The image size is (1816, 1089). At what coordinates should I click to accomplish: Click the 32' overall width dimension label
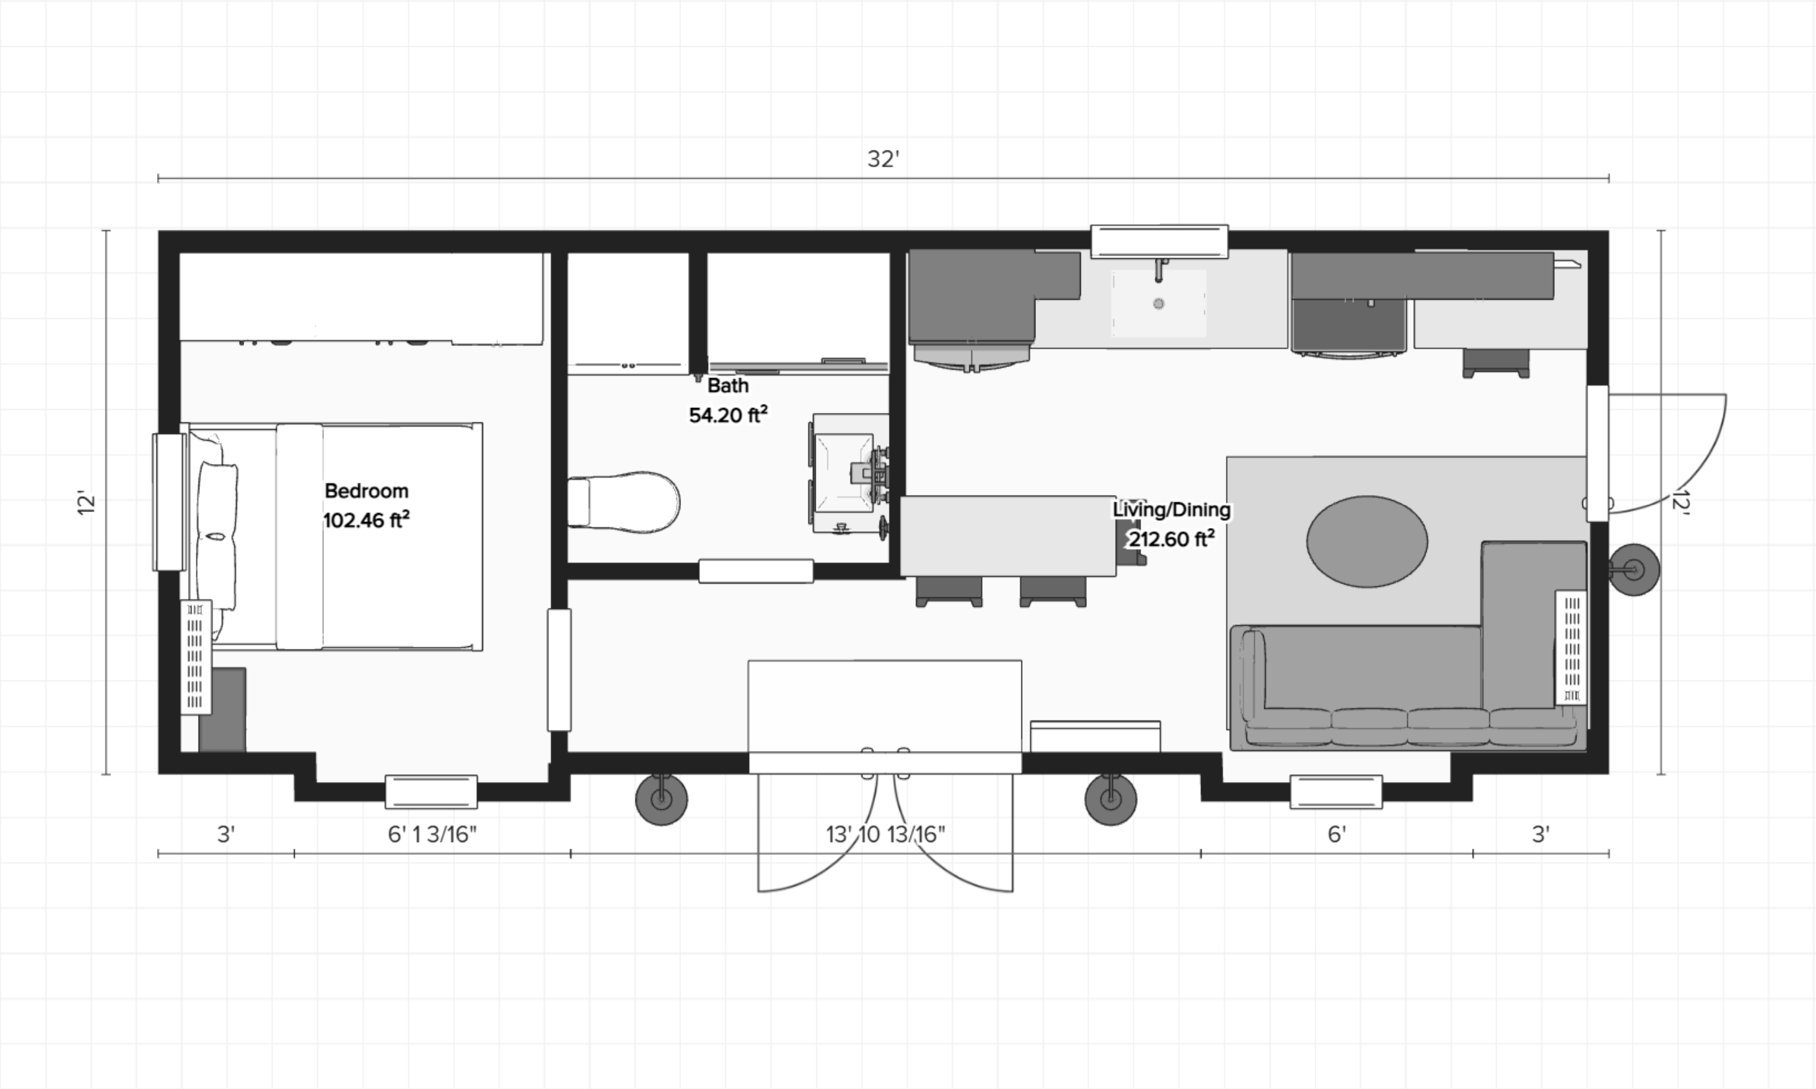coord(884,158)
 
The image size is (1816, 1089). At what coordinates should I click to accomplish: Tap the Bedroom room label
coord(366,491)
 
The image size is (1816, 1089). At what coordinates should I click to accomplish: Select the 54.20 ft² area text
coord(728,415)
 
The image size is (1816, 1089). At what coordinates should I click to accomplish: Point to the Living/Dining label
coord(1172,510)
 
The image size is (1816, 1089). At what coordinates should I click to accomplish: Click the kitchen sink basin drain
coord(1159,303)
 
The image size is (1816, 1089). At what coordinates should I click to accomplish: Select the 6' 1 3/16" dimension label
coord(432,834)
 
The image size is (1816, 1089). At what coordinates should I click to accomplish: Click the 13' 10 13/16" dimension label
coord(886,834)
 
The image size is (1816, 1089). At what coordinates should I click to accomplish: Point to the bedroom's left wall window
coord(169,502)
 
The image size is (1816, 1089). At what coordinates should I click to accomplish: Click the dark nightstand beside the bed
coord(222,709)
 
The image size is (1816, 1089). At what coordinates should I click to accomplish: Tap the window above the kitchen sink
coord(1159,242)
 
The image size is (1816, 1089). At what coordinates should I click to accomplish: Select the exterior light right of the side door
coord(1634,570)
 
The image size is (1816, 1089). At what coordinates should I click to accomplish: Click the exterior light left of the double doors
coord(661,799)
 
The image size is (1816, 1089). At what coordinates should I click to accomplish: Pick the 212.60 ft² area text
coord(1172,539)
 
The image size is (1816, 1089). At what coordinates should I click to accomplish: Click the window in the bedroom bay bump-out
coord(432,792)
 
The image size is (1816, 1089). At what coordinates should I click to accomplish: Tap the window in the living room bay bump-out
coord(1336,792)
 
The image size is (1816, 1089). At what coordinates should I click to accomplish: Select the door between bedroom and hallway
coord(559,670)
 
